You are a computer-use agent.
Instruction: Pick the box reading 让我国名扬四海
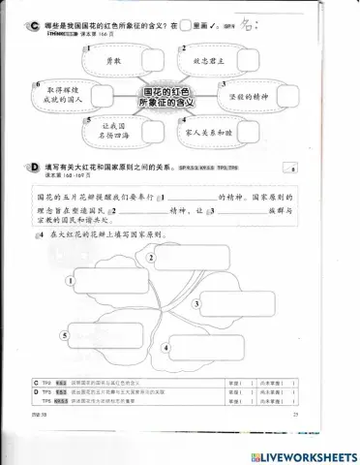click(108, 131)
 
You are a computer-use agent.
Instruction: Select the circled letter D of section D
click(36, 168)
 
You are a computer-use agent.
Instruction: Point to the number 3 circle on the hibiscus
click(197, 302)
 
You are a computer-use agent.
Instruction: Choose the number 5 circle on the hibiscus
click(64, 335)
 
